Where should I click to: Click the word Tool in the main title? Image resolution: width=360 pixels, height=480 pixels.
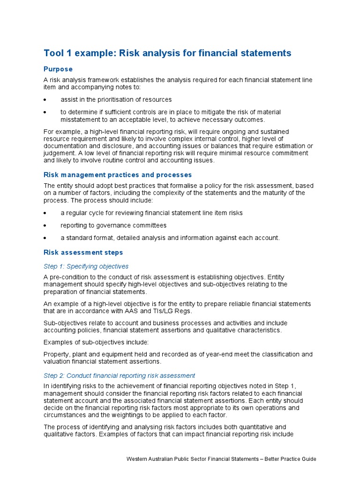pyautogui.click(x=54, y=53)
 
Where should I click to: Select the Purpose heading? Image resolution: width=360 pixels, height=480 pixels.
pyautogui.click(x=58, y=69)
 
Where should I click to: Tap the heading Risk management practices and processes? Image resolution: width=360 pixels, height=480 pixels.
pyautogui.click(x=118, y=175)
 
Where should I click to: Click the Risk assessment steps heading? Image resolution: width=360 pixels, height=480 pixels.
pyautogui.click(x=83, y=252)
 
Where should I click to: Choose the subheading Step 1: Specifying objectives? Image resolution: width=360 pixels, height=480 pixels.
pyautogui.click(x=86, y=266)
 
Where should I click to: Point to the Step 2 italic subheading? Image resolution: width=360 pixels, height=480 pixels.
pyautogui.click(x=119, y=375)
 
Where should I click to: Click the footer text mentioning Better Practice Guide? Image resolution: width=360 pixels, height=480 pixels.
pyautogui.click(x=221, y=459)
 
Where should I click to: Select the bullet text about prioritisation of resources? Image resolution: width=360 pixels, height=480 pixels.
pyautogui.click(x=116, y=99)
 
